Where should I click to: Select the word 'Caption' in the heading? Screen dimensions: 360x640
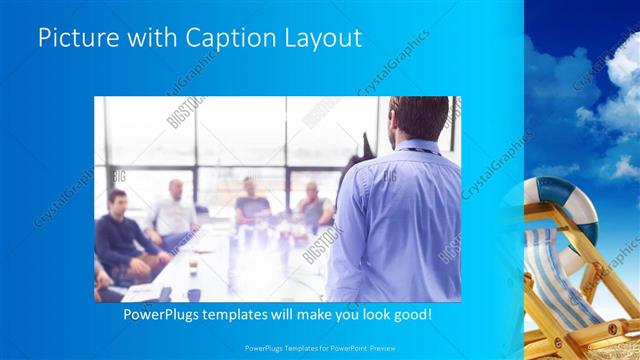pos(223,39)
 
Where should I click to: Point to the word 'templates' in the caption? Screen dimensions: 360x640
pos(248,314)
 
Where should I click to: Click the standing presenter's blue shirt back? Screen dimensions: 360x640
pos(400,220)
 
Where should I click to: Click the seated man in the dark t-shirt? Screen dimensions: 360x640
pos(251,205)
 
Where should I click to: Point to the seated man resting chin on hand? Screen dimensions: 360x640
pos(314,205)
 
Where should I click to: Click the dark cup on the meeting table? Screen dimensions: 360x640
pos(193,295)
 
